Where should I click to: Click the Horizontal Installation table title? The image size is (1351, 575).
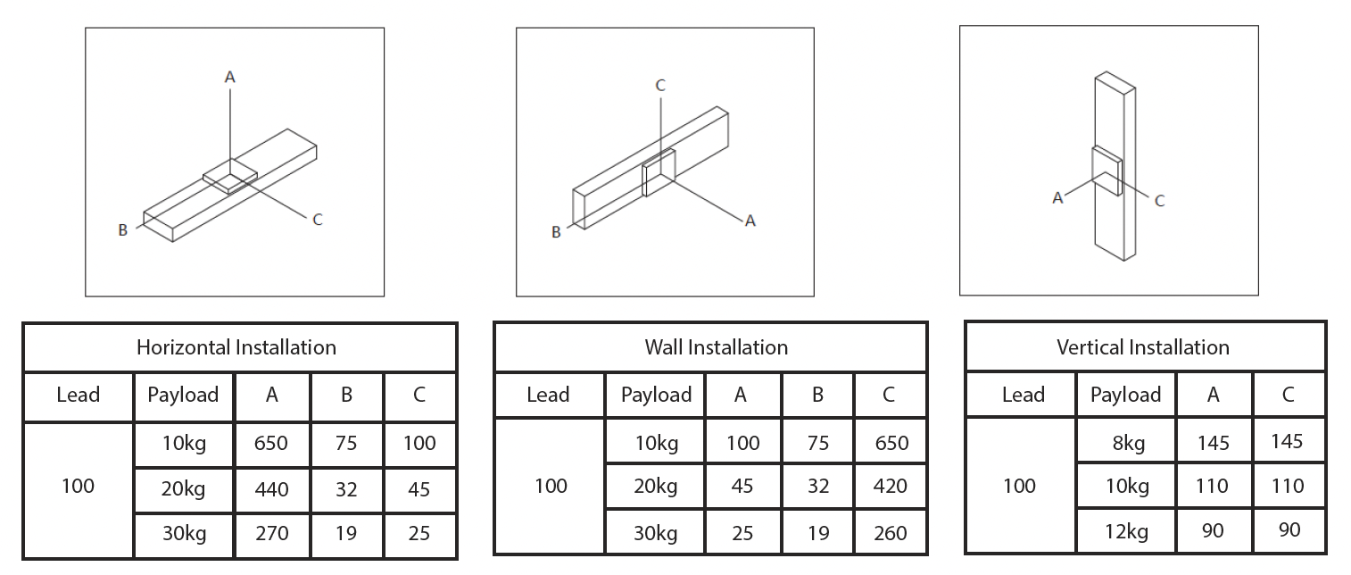point(236,347)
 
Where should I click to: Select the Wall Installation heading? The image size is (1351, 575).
point(716,347)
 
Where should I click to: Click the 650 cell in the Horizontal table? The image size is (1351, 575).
point(271,443)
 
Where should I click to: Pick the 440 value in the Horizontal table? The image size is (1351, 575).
point(271,488)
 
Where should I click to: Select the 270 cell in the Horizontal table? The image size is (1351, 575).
point(271,533)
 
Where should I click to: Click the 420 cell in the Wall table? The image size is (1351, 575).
point(890,486)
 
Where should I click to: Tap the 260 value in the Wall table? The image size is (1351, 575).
point(890,533)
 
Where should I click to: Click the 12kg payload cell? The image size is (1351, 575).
point(1124,532)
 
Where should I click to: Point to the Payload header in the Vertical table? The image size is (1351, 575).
point(1125,395)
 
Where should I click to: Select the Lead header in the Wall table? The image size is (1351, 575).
point(548,395)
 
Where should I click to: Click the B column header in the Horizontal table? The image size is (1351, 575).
point(346,395)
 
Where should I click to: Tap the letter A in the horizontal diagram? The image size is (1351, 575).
point(229,78)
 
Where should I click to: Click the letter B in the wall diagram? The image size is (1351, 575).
point(556,232)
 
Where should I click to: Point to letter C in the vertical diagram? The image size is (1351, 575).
point(1159,202)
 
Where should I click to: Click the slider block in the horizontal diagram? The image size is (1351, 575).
point(229,177)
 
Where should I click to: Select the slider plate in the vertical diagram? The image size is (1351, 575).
point(1107,171)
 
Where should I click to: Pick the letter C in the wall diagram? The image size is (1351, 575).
point(660,86)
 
